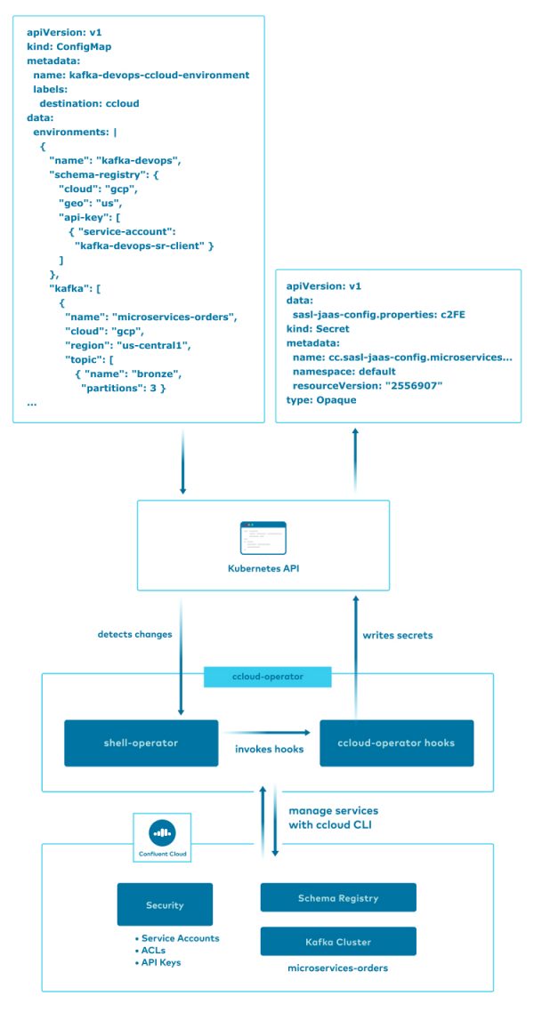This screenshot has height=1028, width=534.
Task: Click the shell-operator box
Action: pos(141,743)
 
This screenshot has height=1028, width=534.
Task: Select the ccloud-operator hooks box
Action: pos(396,743)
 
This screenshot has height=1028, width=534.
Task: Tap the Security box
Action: pos(165,904)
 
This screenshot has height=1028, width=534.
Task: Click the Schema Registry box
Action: pos(337,897)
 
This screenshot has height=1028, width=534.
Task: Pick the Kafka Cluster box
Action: pos(337,941)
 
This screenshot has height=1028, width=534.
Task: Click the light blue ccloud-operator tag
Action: pos(267,677)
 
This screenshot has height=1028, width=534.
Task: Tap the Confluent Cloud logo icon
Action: pos(162,833)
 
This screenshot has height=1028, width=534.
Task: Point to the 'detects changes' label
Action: pos(133,634)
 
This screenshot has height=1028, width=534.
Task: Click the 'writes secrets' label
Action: pos(398,635)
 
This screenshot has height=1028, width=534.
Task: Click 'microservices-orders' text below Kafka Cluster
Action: pos(339,967)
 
